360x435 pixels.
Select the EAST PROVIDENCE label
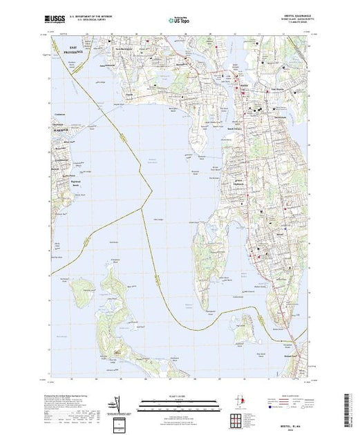tap(71, 51)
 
